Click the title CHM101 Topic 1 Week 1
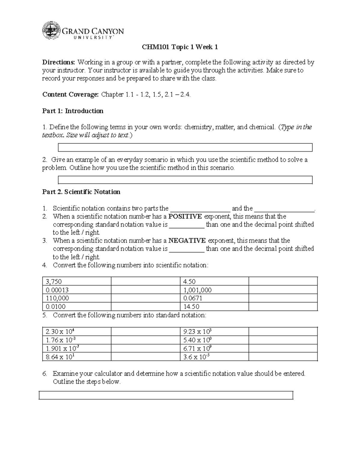click(180, 47)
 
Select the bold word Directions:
click(59, 62)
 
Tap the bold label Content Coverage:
click(70, 95)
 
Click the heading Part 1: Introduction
click(73, 111)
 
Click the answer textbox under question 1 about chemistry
click(185, 148)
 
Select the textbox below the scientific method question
click(185, 180)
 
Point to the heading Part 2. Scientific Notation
click(81, 192)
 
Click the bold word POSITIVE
click(185, 216)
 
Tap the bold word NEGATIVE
click(187, 241)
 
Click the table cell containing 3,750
click(76, 281)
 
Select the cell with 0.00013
click(76, 290)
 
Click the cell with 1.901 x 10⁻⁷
click(76, 348)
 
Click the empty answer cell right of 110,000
click(145, 298)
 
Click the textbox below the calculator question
click(166, 395)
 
